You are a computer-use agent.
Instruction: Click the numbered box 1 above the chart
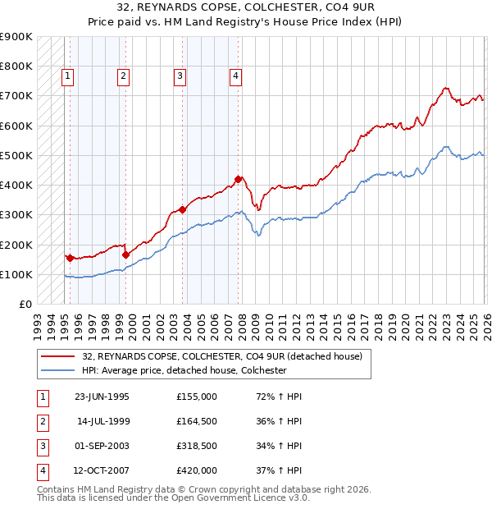point(67,76)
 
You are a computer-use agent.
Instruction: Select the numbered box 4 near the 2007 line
point(235,76)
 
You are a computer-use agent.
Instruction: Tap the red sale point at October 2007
point(238,179)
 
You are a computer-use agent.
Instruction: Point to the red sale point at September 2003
point(182,209)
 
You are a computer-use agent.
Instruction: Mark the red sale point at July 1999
point(125,254)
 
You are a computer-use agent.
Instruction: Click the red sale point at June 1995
point(70,258)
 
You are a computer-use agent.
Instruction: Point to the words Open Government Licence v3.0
point(244,498)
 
